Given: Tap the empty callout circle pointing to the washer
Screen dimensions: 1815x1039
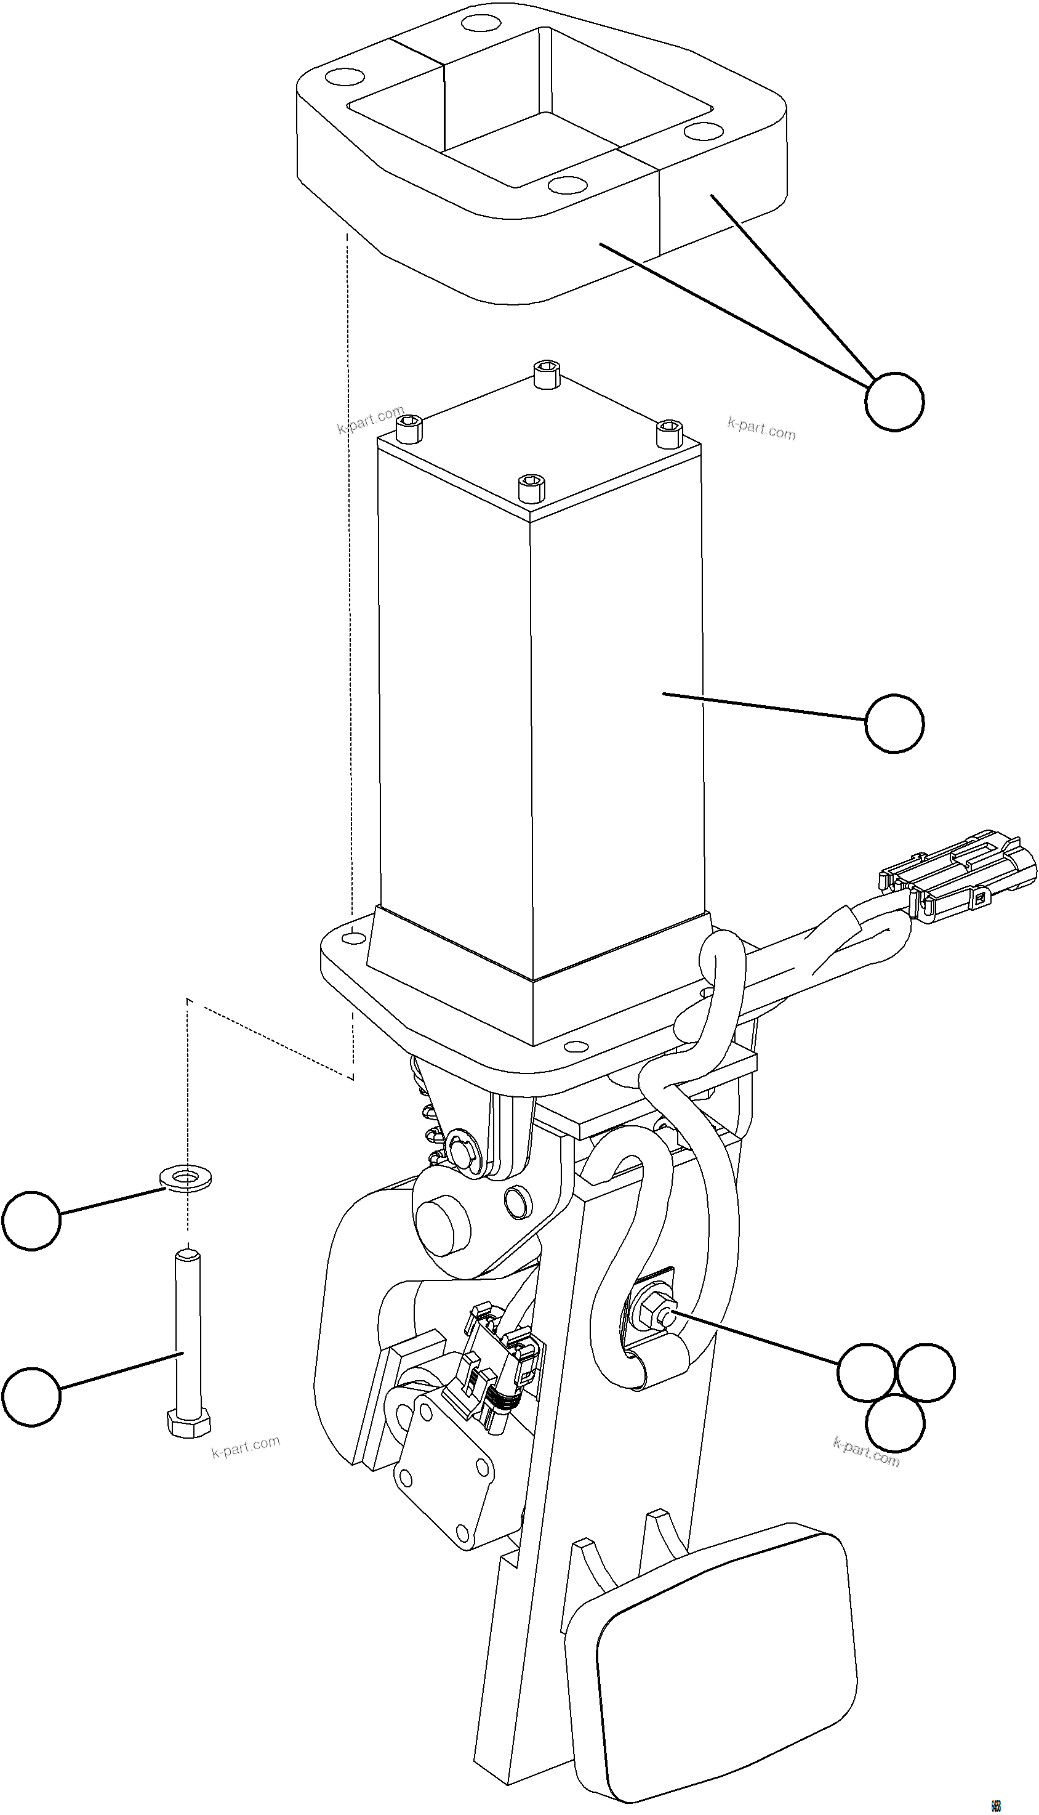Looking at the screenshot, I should [31, 1221].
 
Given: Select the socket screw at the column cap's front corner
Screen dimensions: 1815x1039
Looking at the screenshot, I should [532, 488].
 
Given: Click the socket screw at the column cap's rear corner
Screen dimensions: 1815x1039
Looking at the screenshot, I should [547, 374].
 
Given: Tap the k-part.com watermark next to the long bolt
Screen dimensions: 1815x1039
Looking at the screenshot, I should [246, 1447].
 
